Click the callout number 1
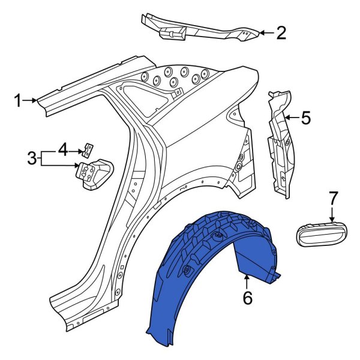[18, 101]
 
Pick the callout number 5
[306, 118]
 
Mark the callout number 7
[334, 197]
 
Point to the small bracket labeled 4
[89, 148]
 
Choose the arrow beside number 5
[292, 118]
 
